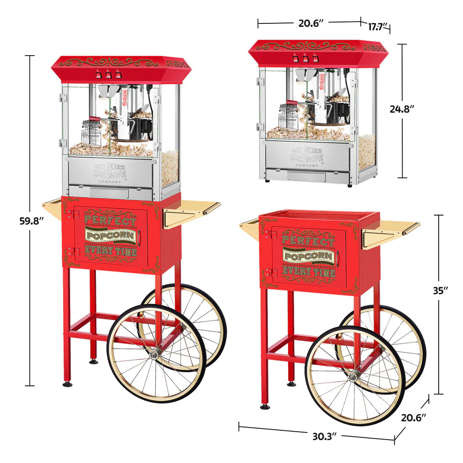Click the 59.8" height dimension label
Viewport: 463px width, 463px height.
pyautogui.click(x=31, y=221)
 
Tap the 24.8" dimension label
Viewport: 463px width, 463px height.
pyautogui.click(x=402, y=109)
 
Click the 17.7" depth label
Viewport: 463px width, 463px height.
pyautogui.click(x=377, y=26)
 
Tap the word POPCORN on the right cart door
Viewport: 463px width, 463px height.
pyautogui.click(x=309, y=257)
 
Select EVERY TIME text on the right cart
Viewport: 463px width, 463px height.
pyautogui.click(x=309, y=271)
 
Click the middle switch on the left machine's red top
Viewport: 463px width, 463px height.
pyautogui.click(x=108, y=74)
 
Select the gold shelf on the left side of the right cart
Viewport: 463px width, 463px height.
pyautogui.click(x=250, y=226)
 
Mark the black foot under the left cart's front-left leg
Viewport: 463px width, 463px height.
pyautogui.click(x=68, y=384)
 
